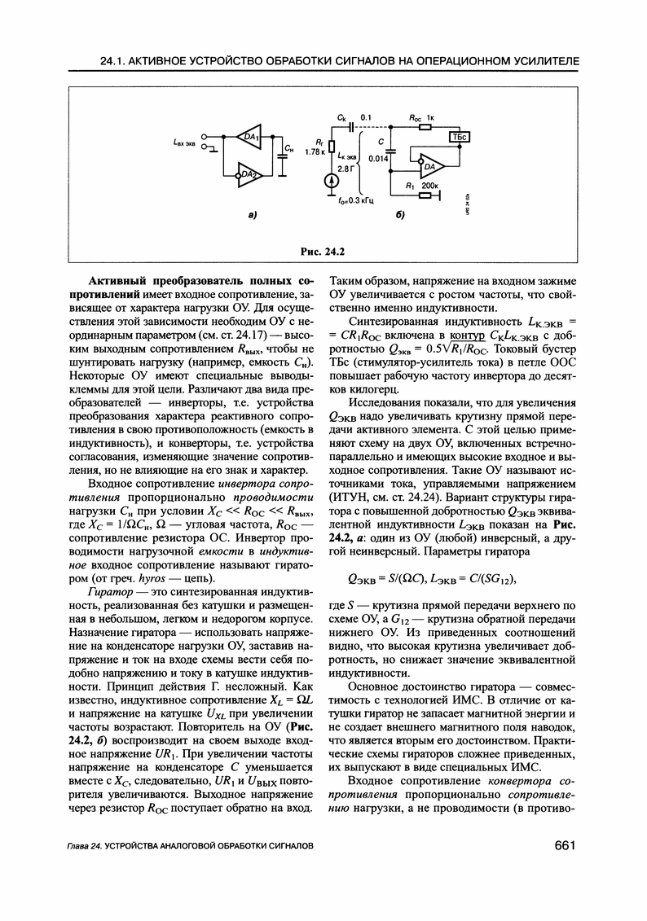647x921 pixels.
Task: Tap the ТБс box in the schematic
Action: point(460,138)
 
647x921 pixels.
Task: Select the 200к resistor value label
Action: point(429,186)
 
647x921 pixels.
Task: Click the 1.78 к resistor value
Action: point(316,151)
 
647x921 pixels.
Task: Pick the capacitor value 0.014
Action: point(376,159)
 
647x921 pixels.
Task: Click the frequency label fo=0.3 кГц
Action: point(354,201)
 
